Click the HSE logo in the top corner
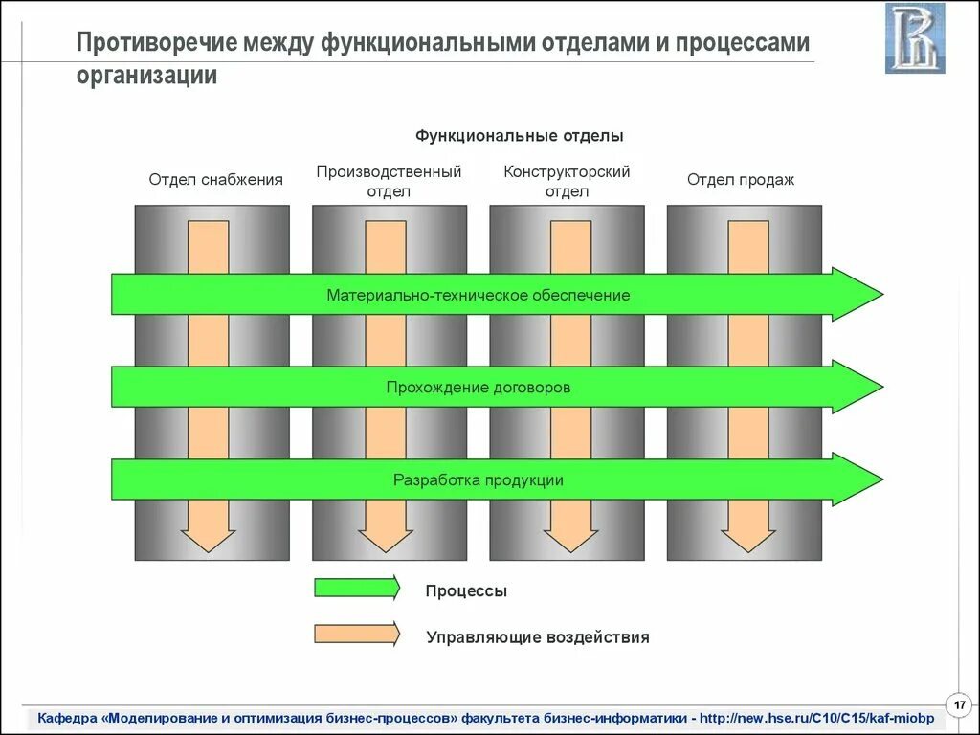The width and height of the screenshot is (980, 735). (x=915, y=38)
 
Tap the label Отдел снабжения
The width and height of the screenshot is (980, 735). (x=215, y=179)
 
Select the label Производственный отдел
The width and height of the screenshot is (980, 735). (x=389, y=181)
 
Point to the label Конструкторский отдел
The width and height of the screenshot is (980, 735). (x=567, y=181)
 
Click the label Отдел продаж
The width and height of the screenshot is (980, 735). (x=741, y=179)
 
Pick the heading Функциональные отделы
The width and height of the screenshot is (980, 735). (x=520, y=136)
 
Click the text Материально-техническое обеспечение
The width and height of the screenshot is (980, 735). (x=479, y=295)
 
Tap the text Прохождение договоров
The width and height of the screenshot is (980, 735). (x=479, y=388)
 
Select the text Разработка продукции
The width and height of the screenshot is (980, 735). (x=479, y=479)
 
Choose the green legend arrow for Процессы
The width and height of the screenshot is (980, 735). (x=357, y=588)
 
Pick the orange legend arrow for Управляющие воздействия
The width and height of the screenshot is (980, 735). (x=357, y=634)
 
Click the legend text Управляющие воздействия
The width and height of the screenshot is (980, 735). (x=538, y=637)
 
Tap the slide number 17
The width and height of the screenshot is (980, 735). (x=958, y=704)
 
